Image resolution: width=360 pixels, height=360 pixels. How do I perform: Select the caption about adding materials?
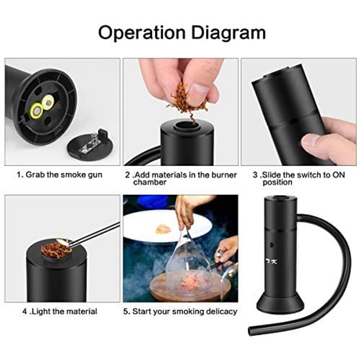(x=180, y=178)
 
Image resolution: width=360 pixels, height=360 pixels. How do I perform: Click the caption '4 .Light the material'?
(x=60, y=311)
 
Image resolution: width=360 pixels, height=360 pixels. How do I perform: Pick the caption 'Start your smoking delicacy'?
(x=180, y=311)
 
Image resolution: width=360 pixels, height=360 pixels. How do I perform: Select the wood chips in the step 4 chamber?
(x=56, y=247)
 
